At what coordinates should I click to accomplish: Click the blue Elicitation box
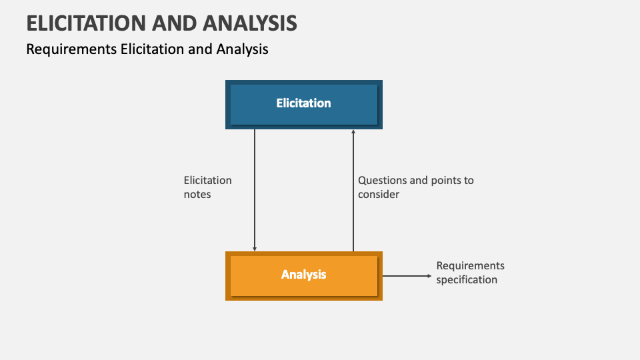[304, 105]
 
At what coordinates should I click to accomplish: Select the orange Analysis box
[304, 276]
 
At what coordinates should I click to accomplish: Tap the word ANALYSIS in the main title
[250, 23]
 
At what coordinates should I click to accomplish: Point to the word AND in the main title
[174, 23]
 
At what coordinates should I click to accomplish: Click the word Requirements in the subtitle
[71, 49]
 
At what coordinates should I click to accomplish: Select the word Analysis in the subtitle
[242, 49]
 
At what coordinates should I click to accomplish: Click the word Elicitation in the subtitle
[152, 49]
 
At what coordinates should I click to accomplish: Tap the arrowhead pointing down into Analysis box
[255, 249]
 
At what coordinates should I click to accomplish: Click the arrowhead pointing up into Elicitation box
[353, 132]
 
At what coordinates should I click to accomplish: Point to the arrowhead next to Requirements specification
[429, 276]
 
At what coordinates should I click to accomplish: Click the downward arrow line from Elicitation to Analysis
[255, 190]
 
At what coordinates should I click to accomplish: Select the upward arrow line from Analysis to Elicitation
[353, 190]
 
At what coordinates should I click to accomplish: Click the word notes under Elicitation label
[197, 194]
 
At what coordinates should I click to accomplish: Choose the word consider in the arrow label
[379, 194]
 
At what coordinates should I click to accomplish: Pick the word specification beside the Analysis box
[467, 279]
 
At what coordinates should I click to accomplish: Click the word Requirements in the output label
[470, 266]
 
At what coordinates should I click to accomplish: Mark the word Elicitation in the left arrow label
[207, 181]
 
